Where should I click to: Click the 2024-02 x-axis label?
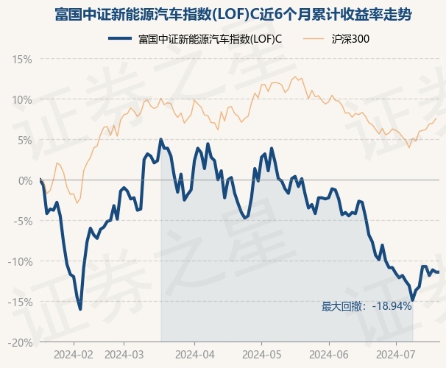[74, 354]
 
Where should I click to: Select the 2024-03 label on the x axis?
[124, 354]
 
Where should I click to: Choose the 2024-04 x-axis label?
[194, 354]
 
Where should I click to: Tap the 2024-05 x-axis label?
[261, 354]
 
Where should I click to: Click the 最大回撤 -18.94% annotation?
[366, 306]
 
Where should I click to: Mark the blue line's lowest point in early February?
[80, 309]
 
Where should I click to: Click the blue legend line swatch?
[120, 39]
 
